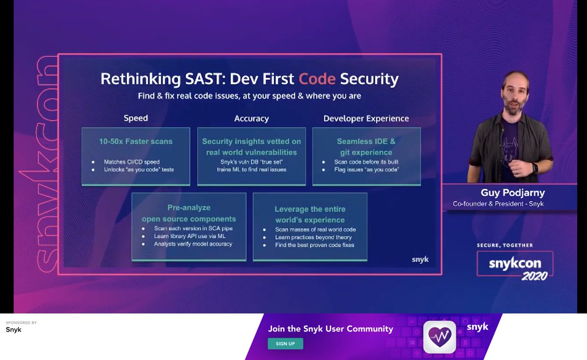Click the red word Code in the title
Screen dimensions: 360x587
[317, 79]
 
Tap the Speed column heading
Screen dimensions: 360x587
[135, 118]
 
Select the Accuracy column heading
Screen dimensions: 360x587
[251, 118]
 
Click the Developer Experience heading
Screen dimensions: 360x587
[366, 118]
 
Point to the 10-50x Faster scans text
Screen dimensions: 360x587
[135, 141]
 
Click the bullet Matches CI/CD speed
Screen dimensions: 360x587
[132, 162]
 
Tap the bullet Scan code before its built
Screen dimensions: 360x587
[366, 162]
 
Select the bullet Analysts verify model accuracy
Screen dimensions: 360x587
[193, 244]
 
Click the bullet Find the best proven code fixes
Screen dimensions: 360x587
[314, 245]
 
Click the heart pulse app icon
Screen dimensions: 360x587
[439, 337]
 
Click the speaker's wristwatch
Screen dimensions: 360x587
[535, 168]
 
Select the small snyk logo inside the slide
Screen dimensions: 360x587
[420, 260]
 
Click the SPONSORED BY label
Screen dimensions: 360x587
[21, 323]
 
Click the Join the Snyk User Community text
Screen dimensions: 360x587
[330, 329]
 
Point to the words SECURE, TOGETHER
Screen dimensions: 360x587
[504, 246]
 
